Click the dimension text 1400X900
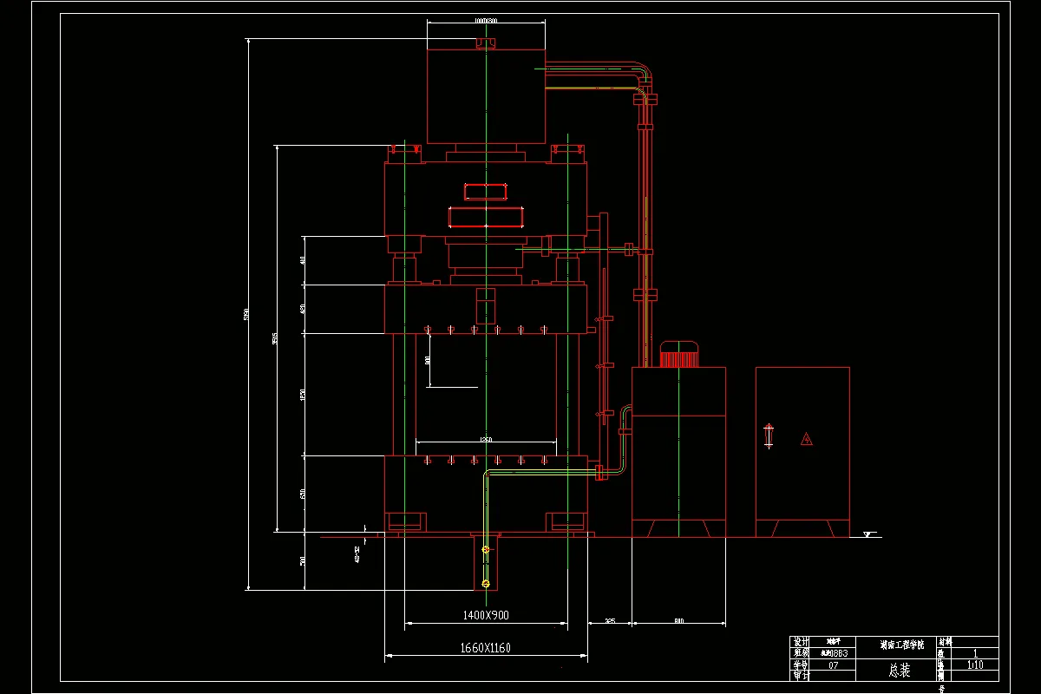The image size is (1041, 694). (x=485, y=615)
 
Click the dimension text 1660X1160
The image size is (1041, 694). (x=485, y=648)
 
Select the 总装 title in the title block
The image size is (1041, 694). (x=900, y=670)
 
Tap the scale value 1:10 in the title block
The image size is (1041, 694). (x=974, y=665)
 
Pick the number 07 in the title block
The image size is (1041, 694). (x=834, y=665)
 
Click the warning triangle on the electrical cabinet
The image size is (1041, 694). (x=807, y=439)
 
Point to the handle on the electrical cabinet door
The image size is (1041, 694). (x=768, y=435)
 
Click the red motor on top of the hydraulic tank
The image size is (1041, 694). (x=679, y=355)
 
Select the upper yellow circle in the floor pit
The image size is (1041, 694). (x=485, y=550)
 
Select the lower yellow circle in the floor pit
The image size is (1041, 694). (x=485, y=582)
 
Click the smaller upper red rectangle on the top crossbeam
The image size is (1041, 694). (x=485, y=192)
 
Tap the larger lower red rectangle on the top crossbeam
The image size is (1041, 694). (x=487, y=217)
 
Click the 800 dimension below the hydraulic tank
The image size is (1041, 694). (x=678, y=621)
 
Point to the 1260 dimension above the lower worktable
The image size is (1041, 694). (x=485, y=440)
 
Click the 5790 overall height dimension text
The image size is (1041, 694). (x=247, y=314)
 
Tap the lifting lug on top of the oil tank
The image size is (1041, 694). (x=486, y=43)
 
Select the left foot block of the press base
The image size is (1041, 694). (x=405, y=521)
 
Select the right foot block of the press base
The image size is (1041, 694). (x=566, y=521)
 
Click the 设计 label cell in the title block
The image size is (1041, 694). (x=800, y=643)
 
